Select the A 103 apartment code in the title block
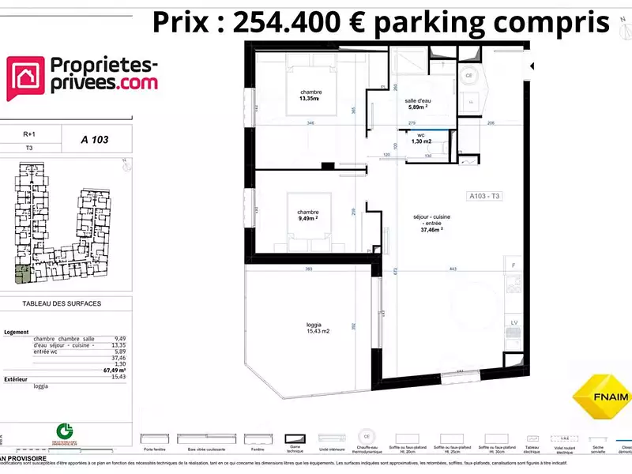[95, 140]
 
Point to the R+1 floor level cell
[29, 135]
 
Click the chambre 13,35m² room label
[310, 96]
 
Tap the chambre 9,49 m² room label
[307, 216]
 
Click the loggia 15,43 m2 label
[318, 327]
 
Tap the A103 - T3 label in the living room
[483, 197]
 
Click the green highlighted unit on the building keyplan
[19, 274]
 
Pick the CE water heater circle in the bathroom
[468, 76]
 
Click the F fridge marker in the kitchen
[513, 265]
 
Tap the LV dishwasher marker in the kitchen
[513, 324]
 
